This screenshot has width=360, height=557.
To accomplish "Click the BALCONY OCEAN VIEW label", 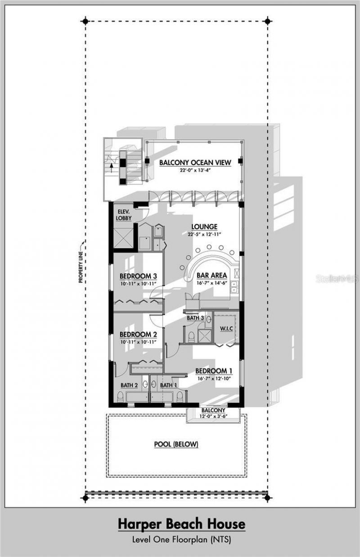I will [195, 163].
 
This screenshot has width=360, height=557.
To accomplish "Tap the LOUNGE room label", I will [204, 226].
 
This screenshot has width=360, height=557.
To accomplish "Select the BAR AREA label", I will [211, 275].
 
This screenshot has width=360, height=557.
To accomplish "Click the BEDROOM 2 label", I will [138, 335].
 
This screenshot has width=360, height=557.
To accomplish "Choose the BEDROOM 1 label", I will [214, 371].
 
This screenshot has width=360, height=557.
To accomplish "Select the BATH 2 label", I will [129, 385].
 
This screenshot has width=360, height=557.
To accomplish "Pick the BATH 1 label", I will [169, 385].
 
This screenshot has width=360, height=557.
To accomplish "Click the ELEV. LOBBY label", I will [124, 215].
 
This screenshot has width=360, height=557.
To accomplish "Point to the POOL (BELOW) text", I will [176, 444].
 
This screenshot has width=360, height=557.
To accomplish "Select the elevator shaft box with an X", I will [123, 238].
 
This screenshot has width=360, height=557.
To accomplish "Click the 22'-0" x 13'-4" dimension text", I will [195, 170].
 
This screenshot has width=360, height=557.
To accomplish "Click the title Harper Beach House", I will [182, 524].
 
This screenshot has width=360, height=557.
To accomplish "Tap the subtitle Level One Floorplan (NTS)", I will [182, 539].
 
